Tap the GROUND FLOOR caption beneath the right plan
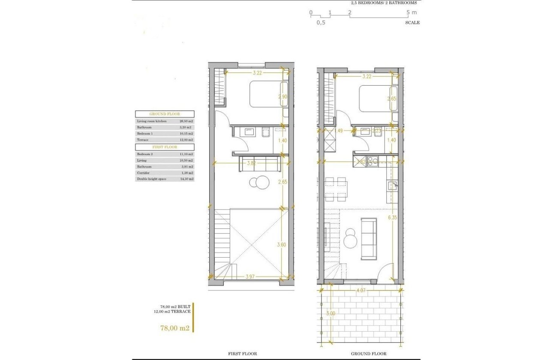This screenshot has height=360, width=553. click(369, 354)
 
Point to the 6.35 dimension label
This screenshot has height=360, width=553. click(392, 218)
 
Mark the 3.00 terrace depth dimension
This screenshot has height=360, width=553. click(331, 313)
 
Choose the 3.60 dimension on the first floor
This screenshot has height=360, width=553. click(282, 245)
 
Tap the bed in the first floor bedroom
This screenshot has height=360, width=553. click(266, 94)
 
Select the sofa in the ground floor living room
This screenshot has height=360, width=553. click(369, 239)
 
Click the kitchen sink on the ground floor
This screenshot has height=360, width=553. click(392, 186)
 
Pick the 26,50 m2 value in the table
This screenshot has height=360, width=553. click(186, 121)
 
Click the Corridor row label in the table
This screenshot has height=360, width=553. click(144, 173)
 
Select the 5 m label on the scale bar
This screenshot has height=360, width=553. click(411, 12)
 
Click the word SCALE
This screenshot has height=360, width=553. click(412, 23)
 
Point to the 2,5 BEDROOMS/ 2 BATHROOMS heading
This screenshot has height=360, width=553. click(383, 3)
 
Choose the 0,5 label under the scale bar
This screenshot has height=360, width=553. click(321, 23)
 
